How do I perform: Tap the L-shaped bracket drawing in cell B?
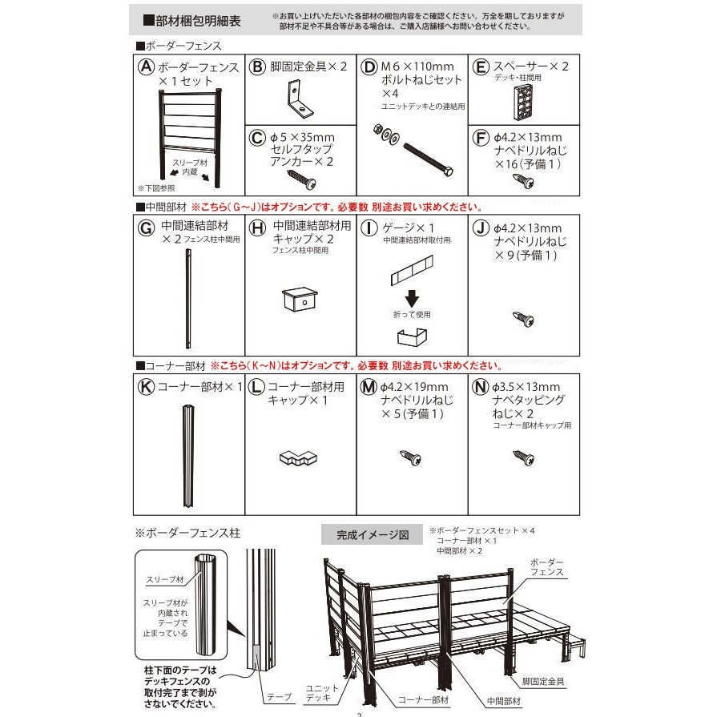295,100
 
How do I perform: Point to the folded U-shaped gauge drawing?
413,336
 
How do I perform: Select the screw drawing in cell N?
524,458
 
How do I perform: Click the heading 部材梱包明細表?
191,19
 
